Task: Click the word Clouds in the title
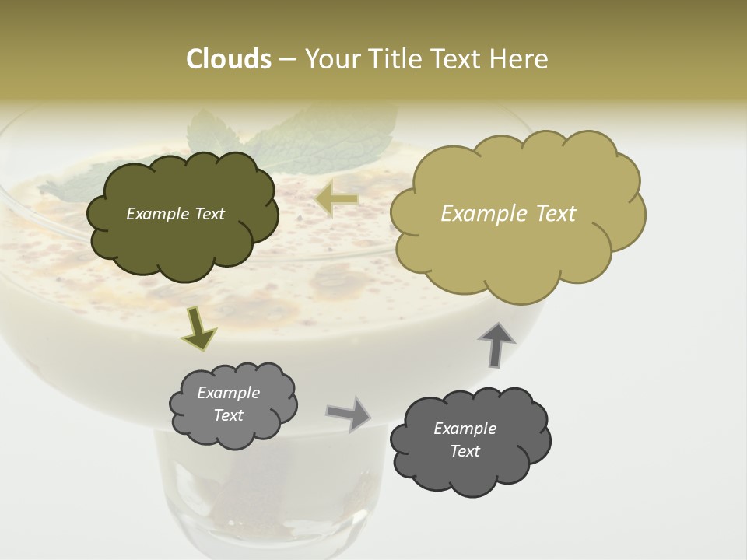tap(229, 59)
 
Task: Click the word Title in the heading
tap(396, 59)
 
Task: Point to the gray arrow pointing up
tap(496, 344)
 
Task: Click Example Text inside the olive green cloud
tap(175, 214)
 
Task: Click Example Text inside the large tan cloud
tap(508, 214)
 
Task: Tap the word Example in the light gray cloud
tap(228, 393)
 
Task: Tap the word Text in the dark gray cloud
tap(465, 451)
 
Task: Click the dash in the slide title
tap(286, 60)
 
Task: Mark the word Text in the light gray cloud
tap(228, 415)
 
